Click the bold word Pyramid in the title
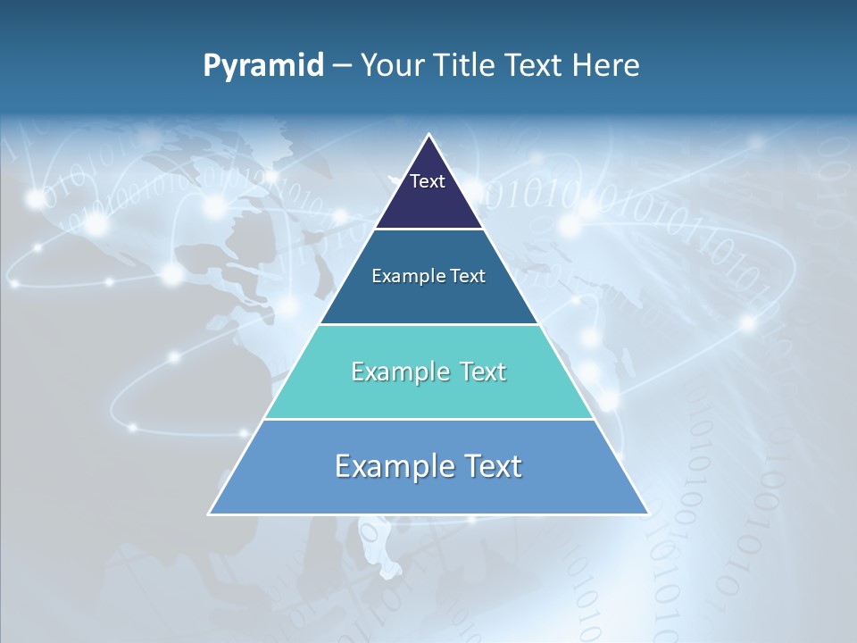(x=263, y=66)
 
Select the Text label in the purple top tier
(x=428, y=181)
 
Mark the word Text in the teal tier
(x=482, y=372)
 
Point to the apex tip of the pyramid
(x=428, y=135)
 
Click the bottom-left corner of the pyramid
(x=210, y=514)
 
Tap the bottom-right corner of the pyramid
(x=647, y=514)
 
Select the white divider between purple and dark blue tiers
(x=428, y=230)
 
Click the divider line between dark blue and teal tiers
(x=428, y=324)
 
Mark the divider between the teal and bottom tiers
(x=428, y=419)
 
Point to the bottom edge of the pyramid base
(x=428, y=514)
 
